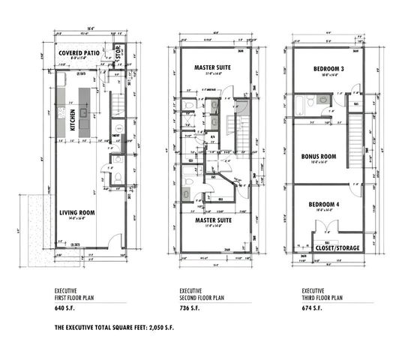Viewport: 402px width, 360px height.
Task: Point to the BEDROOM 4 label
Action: [322, 205]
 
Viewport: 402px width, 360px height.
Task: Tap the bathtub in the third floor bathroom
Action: [298, 105]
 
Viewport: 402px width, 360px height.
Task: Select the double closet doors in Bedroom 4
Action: [330, 229]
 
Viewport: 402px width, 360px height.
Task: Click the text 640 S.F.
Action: [65, 308]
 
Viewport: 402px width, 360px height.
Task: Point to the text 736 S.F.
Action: [190, 308]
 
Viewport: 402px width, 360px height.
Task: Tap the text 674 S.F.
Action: [313, 308]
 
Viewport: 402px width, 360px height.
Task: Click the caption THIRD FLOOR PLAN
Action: [322, 297]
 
